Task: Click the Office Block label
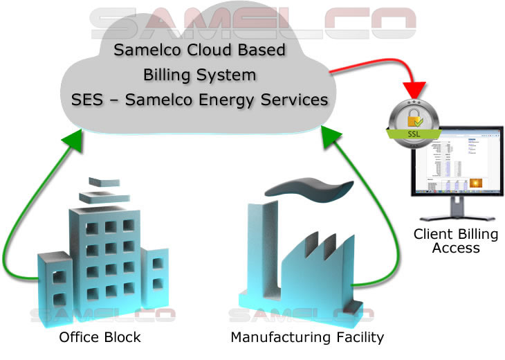pos(100,338)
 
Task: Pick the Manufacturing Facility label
pos(306,338)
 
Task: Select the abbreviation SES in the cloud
pos(85,99)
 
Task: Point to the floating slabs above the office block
pos(98,190)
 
